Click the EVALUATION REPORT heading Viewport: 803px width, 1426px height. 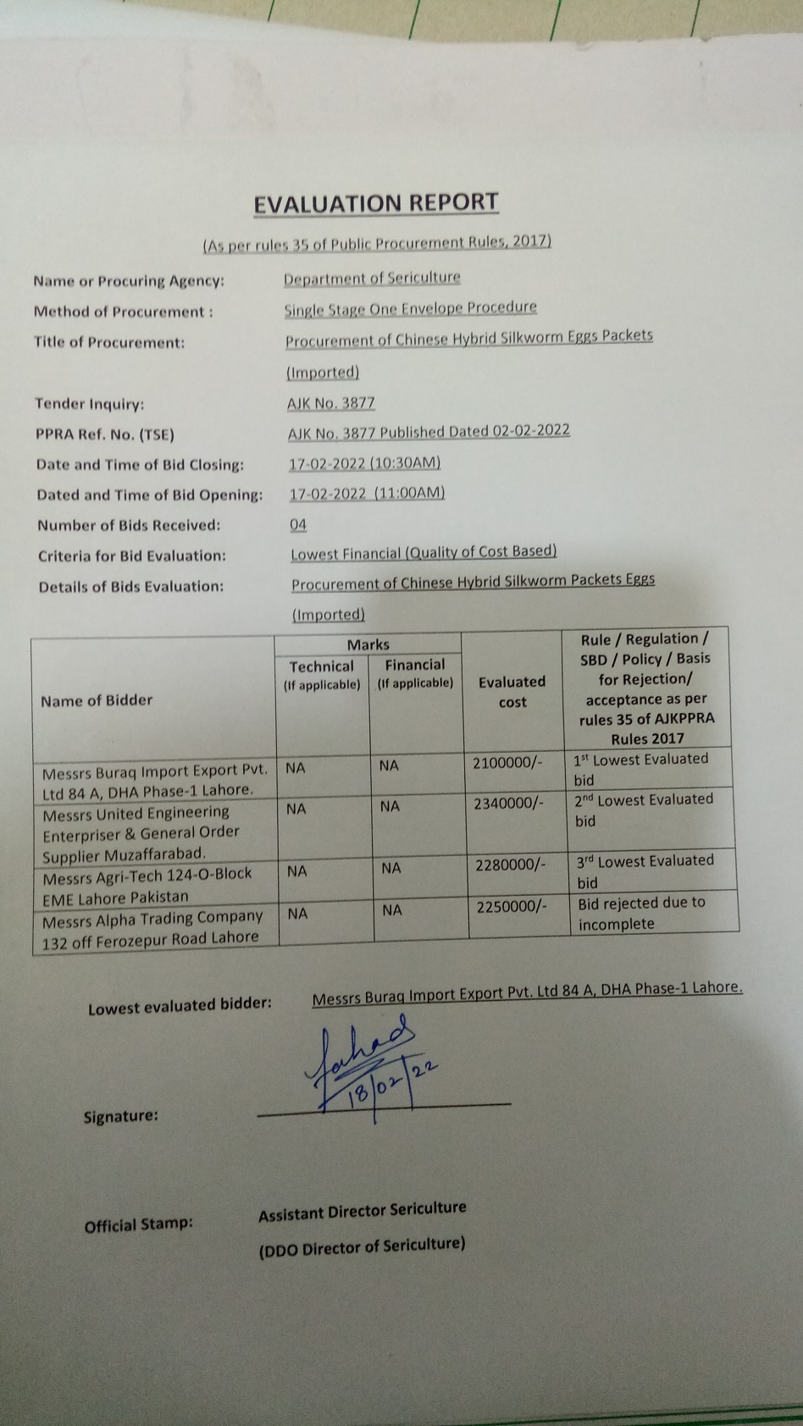point(376,203)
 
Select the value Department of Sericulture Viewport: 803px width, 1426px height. point(372,278)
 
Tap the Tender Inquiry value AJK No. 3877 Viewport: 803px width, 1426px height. point(330,403)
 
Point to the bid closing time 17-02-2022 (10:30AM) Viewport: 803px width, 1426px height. point(364,463)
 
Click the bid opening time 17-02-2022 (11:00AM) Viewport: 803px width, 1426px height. point(367,493)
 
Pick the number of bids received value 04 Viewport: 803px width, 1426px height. point(298,524)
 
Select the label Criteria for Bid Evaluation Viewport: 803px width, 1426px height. point(132,555)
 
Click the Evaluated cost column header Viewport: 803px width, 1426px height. point(512,692)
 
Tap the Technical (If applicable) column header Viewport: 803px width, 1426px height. point(322,674)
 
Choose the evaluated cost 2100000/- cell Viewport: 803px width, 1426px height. point(507,763)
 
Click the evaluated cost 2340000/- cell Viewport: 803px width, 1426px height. point(508,803)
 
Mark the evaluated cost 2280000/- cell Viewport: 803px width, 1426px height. point(510,865)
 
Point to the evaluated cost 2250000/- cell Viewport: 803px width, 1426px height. point(511,907)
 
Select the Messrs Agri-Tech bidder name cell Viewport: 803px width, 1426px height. point(147,886)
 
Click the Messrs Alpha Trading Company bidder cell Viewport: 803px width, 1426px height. point(152,928)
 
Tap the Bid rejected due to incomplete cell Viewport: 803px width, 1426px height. point(641,913)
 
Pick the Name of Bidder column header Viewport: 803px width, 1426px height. point(97,700)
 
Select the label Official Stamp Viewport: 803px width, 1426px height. point(138,1224)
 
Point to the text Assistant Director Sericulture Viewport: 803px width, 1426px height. point(362,1212)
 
